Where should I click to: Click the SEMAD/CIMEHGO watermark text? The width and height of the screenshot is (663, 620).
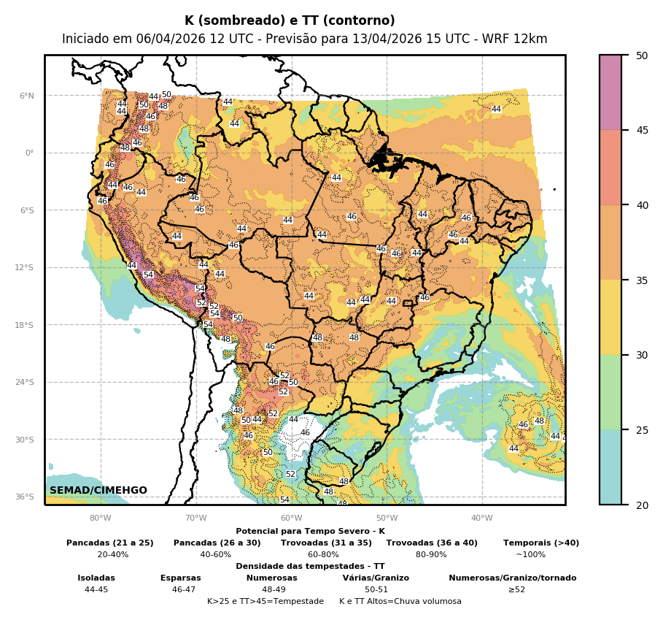[x=98, y=490]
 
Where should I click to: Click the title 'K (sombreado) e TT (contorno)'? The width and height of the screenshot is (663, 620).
[x=290, y=21]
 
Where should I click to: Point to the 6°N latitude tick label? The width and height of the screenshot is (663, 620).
[x=26, y=96]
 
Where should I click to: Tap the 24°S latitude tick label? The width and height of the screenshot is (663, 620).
[x=25, y=382]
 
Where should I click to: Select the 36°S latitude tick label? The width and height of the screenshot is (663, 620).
[x=25, y=497]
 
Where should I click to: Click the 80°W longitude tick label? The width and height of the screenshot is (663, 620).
[x=101, y=518]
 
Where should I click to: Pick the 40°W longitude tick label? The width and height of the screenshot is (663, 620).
[x=481, y=518]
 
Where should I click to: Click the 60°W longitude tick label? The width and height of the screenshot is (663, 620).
[x=291, y=518]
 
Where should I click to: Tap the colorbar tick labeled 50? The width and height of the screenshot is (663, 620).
[x=642, y=56]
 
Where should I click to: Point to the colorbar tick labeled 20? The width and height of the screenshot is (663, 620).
[x=642, y=505]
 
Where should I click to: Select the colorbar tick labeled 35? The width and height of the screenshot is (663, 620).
[x=642, y=280]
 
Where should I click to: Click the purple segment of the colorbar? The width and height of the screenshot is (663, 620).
[x=610, y=92]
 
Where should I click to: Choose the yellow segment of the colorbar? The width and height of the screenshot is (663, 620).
[x=610, y=317]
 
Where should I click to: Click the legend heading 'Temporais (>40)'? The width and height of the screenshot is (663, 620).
[x=541, y=543]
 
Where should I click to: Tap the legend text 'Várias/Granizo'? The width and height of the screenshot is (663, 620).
[x=376, y=578]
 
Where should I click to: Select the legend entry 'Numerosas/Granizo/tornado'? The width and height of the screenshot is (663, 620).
[x=512, y=578]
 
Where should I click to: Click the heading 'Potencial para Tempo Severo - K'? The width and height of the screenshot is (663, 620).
[x=310, y=532]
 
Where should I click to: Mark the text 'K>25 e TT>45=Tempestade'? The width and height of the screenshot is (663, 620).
[x=265, y=601]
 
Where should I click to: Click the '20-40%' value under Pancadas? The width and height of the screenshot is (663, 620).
[x=112, y=554]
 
